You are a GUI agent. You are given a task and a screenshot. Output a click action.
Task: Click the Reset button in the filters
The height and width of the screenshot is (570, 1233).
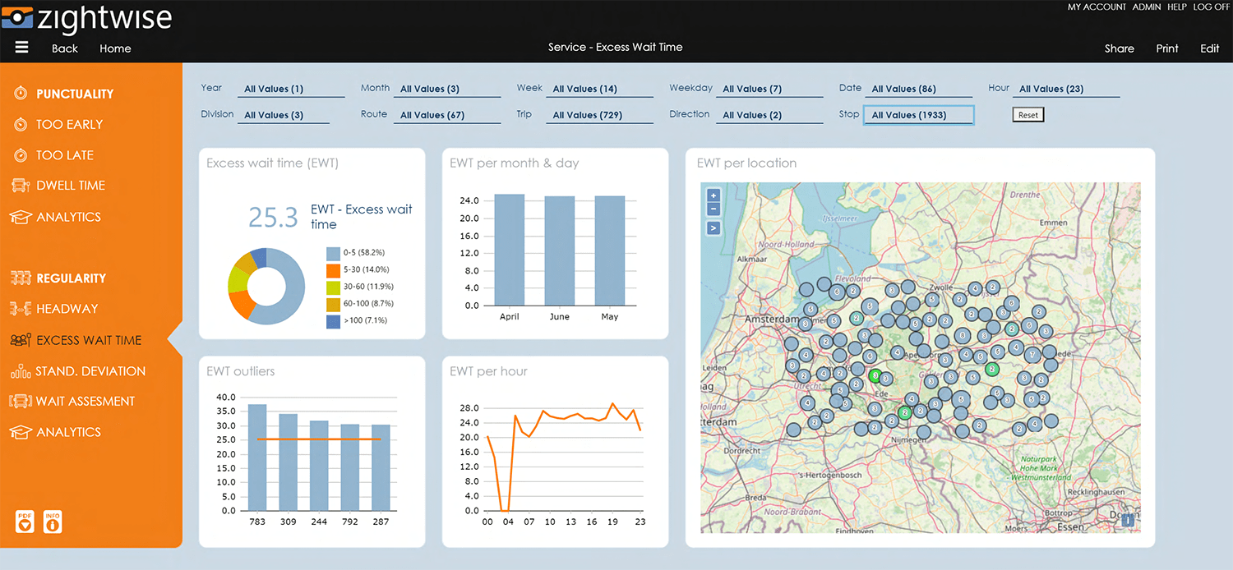click(1027, 115)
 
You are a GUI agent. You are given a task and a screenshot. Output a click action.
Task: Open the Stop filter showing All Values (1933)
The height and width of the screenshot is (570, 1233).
click(917, 115)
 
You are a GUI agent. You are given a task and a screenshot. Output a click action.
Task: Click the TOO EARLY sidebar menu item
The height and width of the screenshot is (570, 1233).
click(69, 124)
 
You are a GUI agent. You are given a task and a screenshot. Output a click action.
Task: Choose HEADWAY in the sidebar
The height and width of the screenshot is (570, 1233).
click(67, 309)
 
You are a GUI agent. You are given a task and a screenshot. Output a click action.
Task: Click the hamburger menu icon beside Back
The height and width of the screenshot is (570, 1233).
click(22, 48)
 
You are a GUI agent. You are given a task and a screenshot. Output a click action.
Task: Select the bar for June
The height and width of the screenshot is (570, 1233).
click(559, 251)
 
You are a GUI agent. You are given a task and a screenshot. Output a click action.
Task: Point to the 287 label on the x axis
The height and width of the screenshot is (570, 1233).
click(381, 522)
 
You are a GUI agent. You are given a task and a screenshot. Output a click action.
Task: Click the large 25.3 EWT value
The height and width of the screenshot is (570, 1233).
click(273, 217)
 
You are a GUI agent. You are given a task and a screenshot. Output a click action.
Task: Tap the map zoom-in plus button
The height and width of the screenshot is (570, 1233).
click(713, 195)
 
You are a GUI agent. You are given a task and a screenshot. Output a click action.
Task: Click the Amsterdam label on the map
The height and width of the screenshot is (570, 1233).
click(772, 319)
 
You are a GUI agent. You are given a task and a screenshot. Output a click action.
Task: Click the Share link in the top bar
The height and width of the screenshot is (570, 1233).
click(1119, 48)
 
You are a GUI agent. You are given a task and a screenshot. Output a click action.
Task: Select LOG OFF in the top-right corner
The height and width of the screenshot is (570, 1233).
click(1212, 7)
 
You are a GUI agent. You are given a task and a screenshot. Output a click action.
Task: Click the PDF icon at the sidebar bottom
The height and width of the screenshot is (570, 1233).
click(25, 522)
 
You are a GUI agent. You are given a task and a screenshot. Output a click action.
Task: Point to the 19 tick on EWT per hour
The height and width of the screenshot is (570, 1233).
click(612, 522)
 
